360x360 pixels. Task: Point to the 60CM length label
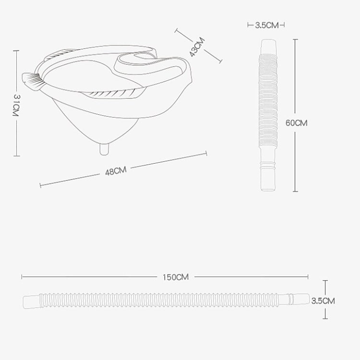296,122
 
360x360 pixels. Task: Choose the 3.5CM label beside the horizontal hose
323,301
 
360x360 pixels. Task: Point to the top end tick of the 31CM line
16,52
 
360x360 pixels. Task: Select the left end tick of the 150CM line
22,277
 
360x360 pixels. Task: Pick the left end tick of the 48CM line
40,184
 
